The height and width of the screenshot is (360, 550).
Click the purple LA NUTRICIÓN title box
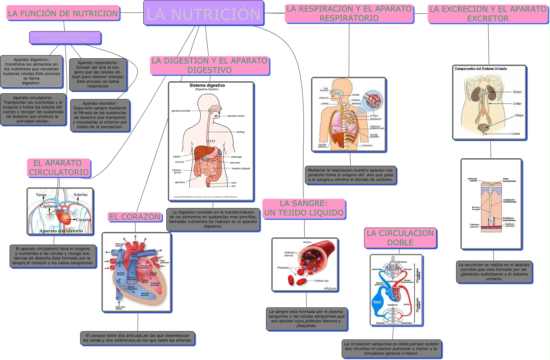pyautogui.click(x=204, y=13)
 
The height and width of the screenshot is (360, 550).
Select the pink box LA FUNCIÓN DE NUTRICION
pyautogui.click(x=63, y=13)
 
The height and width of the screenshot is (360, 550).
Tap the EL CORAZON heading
pyautogui.click(x=135, y=217)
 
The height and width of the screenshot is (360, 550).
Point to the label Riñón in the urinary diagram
pyautogui.click(x=517, y=92)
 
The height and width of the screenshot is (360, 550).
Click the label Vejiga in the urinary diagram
pyautogui.click(x=519, y=115)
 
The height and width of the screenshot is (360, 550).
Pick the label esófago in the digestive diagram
pyautogui.click(x=240, y=132)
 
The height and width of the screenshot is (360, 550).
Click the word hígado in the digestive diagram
pyautogui.click(x=177, y=157)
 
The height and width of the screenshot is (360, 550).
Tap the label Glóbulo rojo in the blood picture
pyautogui.click(x=321, y=281)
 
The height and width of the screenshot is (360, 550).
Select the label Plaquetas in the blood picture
pyautogui.click(x=283, y=268)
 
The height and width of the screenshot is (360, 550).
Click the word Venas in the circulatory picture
pyautogui.click(x=41, y=195)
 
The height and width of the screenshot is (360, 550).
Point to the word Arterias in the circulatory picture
pyautogui.click(x=80, y=195)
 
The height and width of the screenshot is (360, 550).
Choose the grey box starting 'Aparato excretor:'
pyautogui.click(x=100, y=115)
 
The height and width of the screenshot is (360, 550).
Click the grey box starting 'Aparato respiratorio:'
pyautogui.click(x=98, y=74)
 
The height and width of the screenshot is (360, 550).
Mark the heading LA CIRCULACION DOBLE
pyautogui.click(x=400, y=238)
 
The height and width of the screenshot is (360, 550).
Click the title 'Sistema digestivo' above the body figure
pyautogui.click(x=207, y=86)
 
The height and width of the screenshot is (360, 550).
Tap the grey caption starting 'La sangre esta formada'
pyautogui.click(x=306, y=319)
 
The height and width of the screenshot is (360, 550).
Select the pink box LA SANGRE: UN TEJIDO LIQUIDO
pyautogui.click(x=304, y=208)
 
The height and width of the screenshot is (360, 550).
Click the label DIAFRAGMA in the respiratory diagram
pyautogui.click(x=367, y=146)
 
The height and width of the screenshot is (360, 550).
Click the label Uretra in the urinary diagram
pyautogui.click(x=516, y=134)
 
